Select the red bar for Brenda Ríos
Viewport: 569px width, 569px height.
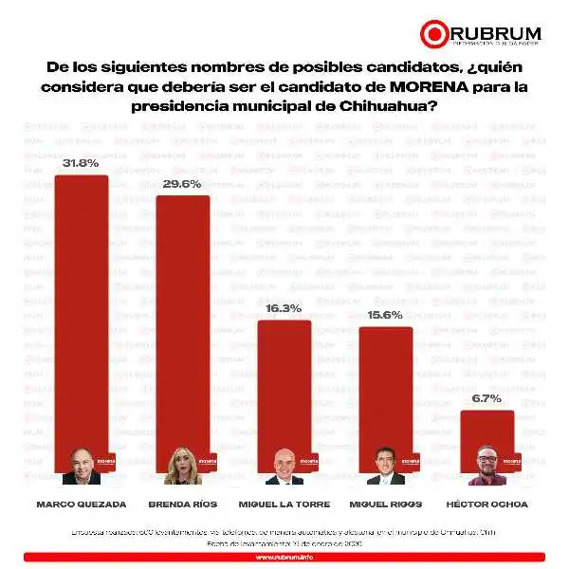tap(182, 322)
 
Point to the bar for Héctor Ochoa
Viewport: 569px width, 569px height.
tap(486, 427)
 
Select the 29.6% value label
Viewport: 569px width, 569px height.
tap(182, 184)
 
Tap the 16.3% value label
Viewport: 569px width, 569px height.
tap(284, 308)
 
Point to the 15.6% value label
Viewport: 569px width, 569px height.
tap(385, 315)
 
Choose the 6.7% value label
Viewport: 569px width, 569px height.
tap(486, 398)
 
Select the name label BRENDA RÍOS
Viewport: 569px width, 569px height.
tap(182, 504)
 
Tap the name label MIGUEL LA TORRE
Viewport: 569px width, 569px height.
tap(284, 504)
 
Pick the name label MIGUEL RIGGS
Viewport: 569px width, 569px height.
tap(385, 504)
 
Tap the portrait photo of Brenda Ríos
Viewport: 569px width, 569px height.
tap(181, 467)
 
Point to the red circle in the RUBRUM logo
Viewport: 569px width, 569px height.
tap(433, 34)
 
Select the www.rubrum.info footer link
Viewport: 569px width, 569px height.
tap(284, 557)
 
